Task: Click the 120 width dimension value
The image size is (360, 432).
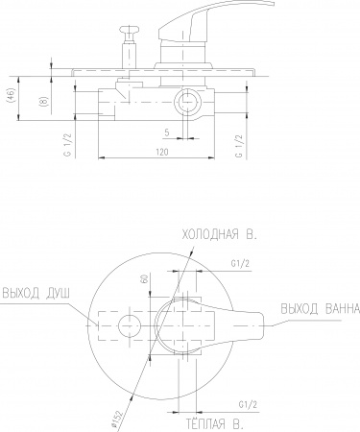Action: point(162,152)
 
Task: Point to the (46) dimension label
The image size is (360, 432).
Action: point(11,95)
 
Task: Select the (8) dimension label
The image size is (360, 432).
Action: point(43,102)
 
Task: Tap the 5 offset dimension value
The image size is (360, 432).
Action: point(167,132)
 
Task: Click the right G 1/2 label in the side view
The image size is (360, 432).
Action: point(239,146)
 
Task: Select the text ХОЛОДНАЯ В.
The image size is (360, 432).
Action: point(219,235)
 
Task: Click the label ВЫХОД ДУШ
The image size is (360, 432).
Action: point(36,293)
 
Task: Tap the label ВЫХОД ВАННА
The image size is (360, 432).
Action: point(321,309)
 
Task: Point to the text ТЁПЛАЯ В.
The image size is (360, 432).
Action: point(215,424)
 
